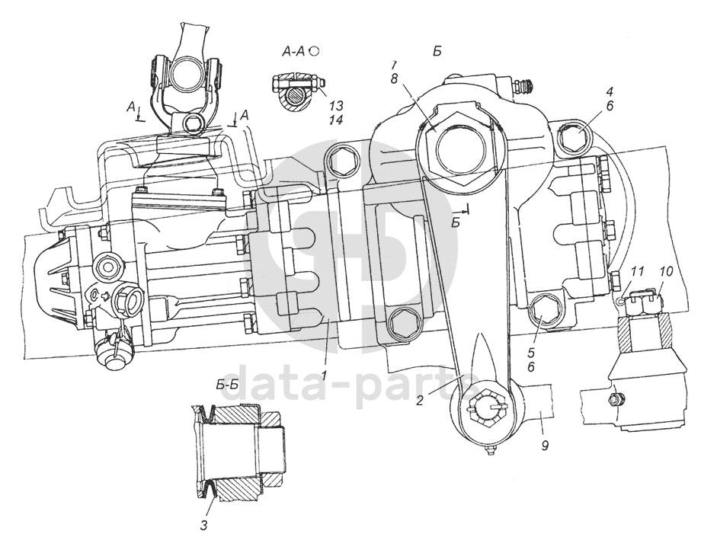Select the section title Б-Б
[x=228, y=384]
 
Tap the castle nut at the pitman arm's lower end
[x=484, y=411]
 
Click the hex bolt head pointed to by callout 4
[x=574, y=138]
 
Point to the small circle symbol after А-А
[x=314, y=50]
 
